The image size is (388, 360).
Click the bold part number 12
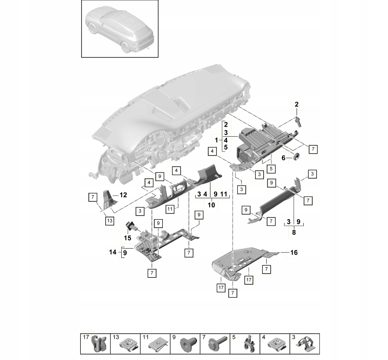(123, 195)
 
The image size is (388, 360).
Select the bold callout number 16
(294, 253)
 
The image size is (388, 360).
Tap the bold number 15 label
(128, 238)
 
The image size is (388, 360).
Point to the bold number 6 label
(284, 158)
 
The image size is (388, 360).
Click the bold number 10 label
(211, 205)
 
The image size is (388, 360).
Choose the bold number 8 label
(294, 233)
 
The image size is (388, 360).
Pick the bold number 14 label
(112, 252)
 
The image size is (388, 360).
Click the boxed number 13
(109, 221)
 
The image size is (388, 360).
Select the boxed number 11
(170, 209)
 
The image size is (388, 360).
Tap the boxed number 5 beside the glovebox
(271, 169)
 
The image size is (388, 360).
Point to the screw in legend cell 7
(218, 344)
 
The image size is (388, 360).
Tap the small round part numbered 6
(296, 156)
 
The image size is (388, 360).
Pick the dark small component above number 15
(130, 225)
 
